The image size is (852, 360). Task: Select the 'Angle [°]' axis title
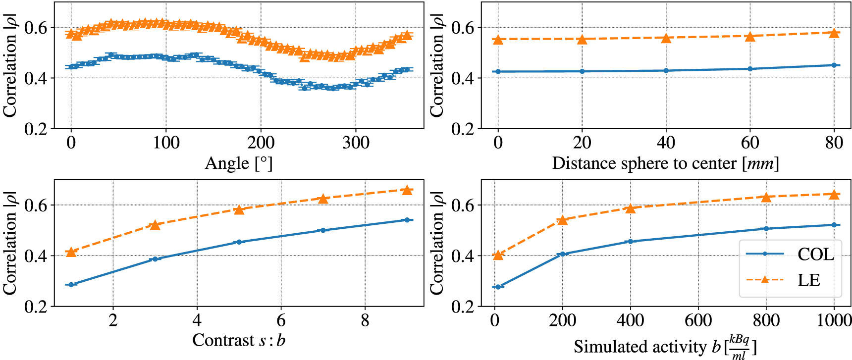[238, 163]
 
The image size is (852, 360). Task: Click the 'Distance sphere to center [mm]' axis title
[665, 163]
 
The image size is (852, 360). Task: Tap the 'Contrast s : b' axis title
[238, 341]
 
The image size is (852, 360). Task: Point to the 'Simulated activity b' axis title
[665, 347]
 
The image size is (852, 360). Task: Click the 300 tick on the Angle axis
[356, 143]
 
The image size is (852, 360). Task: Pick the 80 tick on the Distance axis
[834, 143]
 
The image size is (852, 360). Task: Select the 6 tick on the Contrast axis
[281, 321]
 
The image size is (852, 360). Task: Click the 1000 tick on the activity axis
[834, 321]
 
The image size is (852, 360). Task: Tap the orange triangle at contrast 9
[407, 190]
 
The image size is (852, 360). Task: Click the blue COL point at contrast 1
[71, 285]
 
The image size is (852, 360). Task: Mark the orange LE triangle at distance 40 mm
[666, 38]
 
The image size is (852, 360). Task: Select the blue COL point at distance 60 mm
[750, 69]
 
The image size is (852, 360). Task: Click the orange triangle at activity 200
[562, 219]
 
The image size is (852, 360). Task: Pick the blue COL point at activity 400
[630, 242]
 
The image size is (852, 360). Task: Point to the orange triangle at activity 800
[766, 197]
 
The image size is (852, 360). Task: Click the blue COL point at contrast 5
[239, 242]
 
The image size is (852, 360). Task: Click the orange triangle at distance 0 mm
[498, 40]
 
